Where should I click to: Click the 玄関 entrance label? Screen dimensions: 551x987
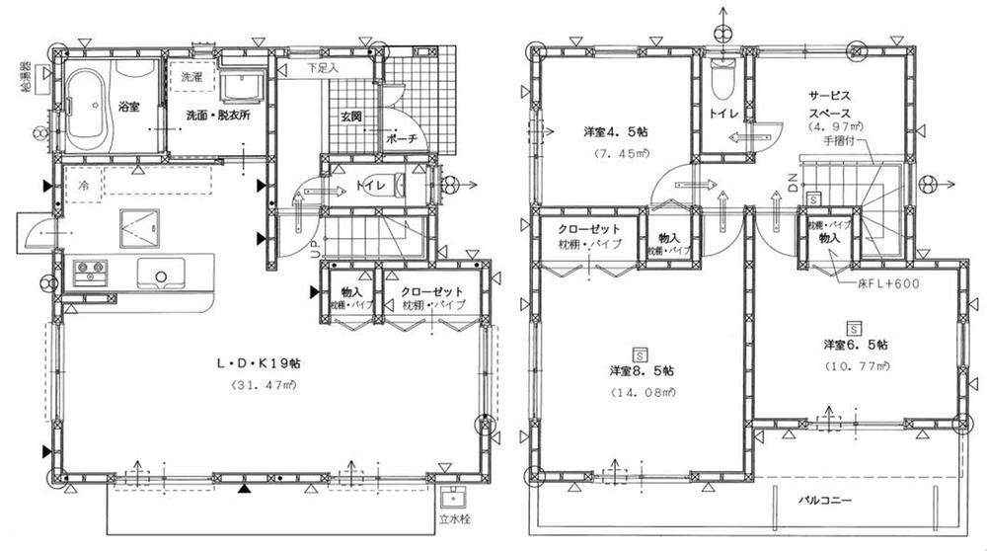point(353,117)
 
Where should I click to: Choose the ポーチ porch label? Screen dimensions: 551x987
point(408,139)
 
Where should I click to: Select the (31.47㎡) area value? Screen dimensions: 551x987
point(259,384)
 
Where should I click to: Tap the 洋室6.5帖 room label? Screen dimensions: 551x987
point(855,345)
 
